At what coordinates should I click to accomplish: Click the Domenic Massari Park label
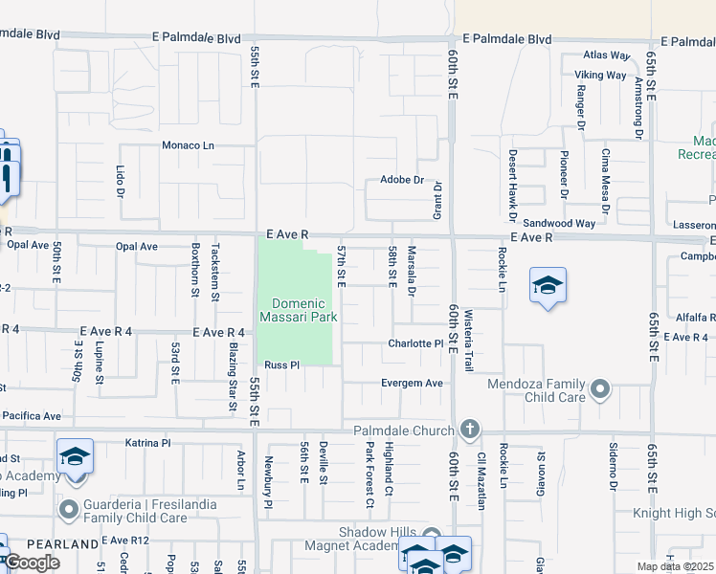point(298,310)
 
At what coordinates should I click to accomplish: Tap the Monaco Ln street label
point(189,145)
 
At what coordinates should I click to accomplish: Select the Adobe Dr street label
point(401,179)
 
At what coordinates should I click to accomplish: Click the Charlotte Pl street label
point(414,343)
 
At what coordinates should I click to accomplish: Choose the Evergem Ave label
point(413,383)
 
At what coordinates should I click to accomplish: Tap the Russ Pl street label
point(282,364)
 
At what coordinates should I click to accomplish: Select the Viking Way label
point(600,75)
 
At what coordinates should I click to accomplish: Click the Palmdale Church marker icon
point(469,430)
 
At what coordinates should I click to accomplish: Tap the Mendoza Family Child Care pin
point(599,388)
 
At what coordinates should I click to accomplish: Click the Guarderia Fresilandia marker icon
point(68,510)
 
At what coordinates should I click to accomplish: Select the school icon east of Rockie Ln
point(548,286)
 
